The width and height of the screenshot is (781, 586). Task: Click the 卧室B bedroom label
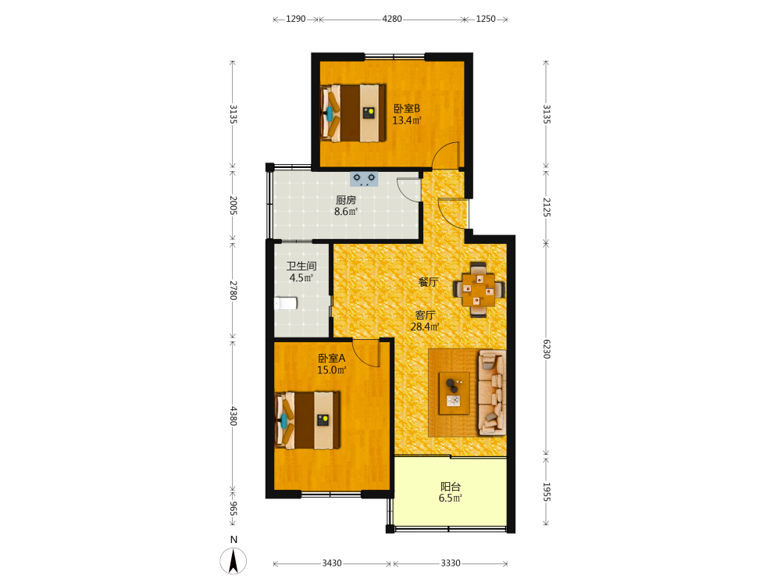point(407,108)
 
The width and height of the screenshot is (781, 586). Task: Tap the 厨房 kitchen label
point(346,200)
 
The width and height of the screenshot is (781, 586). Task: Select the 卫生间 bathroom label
point(301,266)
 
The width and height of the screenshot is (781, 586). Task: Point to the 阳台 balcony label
point(451,486)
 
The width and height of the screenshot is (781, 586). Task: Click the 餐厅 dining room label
point(428,282)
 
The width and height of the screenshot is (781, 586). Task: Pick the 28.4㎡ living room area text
point(424,327)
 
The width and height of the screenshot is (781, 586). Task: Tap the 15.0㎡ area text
point(332,370)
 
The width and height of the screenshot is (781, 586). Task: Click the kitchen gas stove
point(364,179)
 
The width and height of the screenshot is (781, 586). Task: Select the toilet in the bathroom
point(286,303)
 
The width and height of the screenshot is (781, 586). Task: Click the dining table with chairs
point(479,290)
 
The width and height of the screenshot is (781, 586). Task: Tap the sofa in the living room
point(492,393)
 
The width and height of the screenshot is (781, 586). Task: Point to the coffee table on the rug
point(454,393)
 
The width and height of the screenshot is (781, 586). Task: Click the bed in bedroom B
point(353,113)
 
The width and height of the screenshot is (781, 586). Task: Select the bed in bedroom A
point(308,420)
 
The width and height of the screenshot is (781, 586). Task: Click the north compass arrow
point(233,561)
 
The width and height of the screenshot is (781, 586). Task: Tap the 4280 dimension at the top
point(392,19)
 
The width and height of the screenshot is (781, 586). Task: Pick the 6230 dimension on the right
point(547,349)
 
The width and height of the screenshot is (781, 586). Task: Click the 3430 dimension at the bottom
point(332,563)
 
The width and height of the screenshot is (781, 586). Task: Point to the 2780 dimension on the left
point(233,291)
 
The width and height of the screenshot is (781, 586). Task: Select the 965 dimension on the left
point(233,509)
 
